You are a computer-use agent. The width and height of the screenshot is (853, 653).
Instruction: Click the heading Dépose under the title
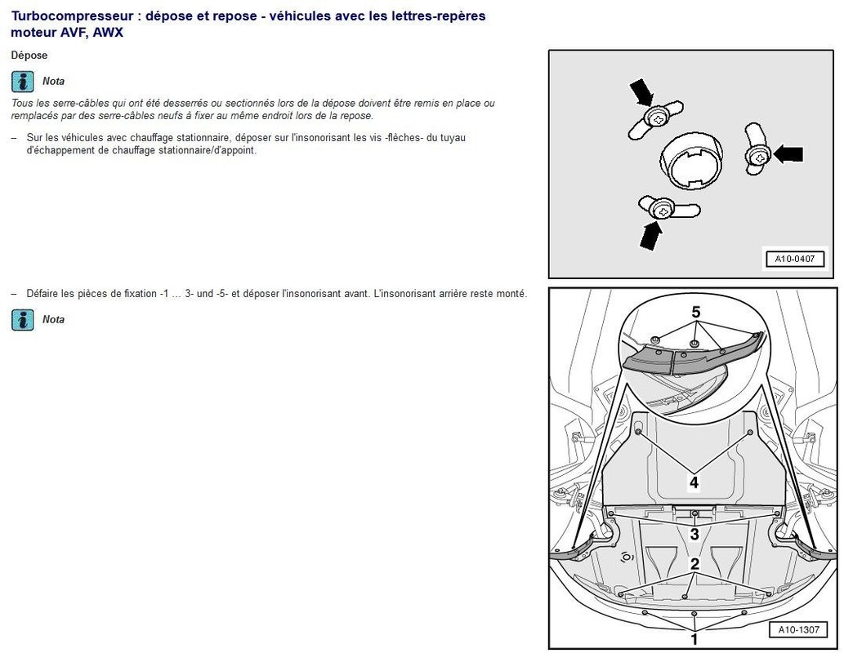(29, 56)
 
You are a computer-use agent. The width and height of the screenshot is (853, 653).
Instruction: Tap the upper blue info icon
(22, 82)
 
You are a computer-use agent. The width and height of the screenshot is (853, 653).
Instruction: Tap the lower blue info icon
(22, 320)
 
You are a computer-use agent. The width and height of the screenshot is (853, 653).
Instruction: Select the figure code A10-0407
(795, 259)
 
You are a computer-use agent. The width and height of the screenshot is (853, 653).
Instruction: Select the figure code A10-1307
(798, 629)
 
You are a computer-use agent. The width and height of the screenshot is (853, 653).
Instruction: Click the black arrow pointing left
(788, 154)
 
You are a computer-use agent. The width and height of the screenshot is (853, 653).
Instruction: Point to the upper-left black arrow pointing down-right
(641, 91)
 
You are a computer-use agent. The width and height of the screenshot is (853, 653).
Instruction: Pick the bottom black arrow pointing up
(651, 235)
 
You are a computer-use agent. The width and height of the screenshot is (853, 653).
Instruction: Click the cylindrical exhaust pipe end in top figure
(691, 161)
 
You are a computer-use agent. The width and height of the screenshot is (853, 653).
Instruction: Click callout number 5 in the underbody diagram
(696, 313)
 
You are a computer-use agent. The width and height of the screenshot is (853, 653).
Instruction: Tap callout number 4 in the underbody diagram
(694, 482)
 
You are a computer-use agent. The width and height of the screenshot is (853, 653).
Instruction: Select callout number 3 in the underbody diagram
(694, 534)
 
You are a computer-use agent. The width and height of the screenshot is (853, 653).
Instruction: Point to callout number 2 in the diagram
(694, 564)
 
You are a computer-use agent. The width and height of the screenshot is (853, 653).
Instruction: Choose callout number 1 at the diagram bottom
(694, 639)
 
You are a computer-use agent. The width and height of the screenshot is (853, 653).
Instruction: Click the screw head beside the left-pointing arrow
(758, 157)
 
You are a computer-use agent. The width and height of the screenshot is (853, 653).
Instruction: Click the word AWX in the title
(108, 33)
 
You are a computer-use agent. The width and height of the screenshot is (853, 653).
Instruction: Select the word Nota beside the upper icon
(53, 82)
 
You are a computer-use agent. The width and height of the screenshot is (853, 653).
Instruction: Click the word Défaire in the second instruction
(43, 294)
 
